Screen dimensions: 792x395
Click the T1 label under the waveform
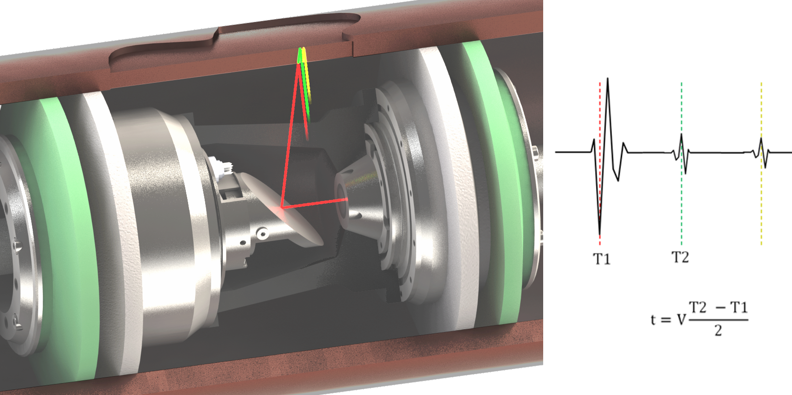pyautogui.click(x=602, y=259)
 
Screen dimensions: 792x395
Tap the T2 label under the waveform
pyautogui.click(x=680, y=257)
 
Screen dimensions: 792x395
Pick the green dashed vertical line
pyautogui.click(x=682, y=163)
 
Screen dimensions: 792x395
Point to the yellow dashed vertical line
pyautogui.click(x=762, y=163)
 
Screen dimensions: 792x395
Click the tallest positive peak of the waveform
pyautogui.click(x=608, y=79)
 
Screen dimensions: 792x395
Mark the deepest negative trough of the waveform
pyautogui.click(x=600, y=235)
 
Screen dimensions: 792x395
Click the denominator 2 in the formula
pyautogui.click(x=718, y=330)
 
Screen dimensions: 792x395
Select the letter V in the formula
pyautogui.click(x=681, y=319)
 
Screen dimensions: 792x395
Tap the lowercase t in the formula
pyautogui.click(x=653, y=319)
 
